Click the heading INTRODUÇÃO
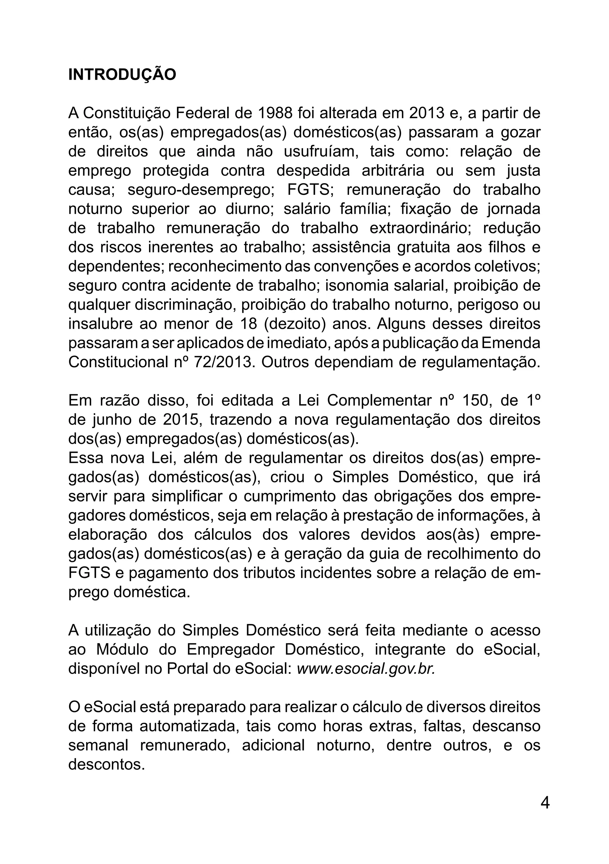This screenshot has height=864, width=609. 122,75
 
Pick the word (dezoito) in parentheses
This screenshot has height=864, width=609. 294,323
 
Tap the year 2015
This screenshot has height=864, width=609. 181,420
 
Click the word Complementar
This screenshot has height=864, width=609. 379,400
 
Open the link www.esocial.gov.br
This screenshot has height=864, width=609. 366,669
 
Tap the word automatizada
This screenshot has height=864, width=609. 189,726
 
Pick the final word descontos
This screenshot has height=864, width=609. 106,765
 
